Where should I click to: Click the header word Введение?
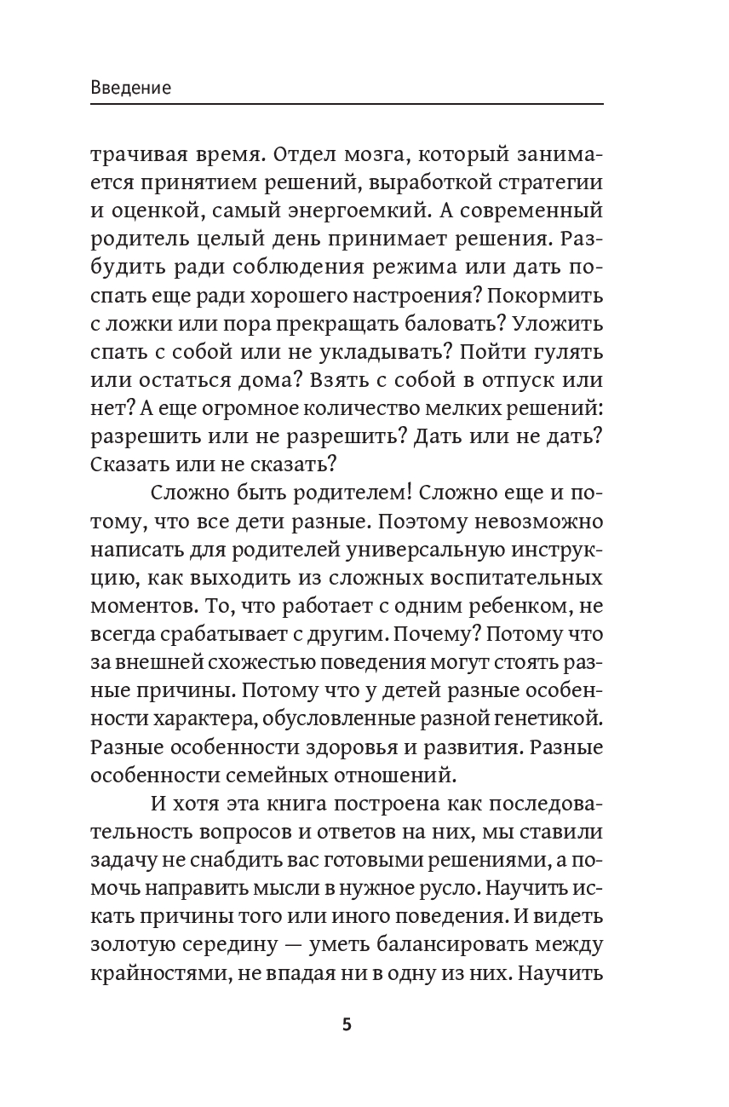[x=130, y=88]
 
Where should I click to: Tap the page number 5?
[x=347, y=1023]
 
